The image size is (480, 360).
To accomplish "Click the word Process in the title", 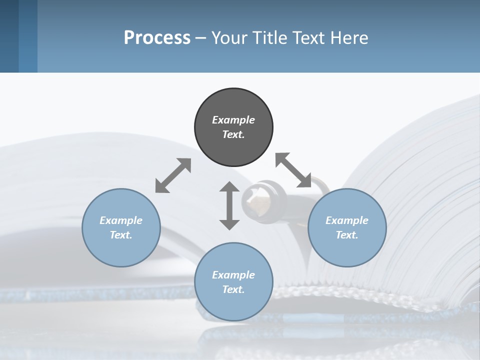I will [x=157, y=38].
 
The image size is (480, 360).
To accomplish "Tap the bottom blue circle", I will [x=233, y=305].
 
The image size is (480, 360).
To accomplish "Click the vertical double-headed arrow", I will [x=229, y=205].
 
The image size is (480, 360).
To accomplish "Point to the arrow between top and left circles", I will [x=173, y=175].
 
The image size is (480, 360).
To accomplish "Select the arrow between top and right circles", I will [x=293, y=170].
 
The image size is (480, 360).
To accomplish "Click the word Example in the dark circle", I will [x=233, y=120].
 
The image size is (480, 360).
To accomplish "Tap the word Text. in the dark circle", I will [x=233, y=134].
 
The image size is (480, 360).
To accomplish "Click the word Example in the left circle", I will [x=121, y=220].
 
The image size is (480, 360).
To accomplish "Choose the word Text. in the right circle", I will [x=347, y=235].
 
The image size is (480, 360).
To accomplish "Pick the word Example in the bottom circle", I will [x=233, y=275].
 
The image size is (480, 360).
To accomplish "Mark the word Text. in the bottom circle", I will [x=233, y=289].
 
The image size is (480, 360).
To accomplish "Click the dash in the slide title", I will [x=201, y=38].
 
